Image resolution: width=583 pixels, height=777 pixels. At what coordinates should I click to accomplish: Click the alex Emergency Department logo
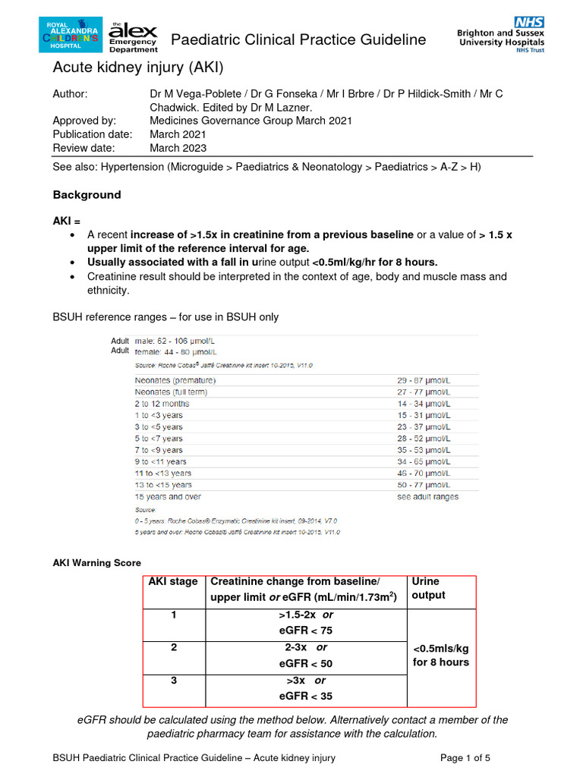[x=134, y=35]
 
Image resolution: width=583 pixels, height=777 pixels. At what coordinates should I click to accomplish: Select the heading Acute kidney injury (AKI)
[x=138, y=68]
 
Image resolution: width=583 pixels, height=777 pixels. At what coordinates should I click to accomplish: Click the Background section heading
[x=87, y=195]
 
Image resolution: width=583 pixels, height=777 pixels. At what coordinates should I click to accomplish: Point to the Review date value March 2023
[x=178, y=148]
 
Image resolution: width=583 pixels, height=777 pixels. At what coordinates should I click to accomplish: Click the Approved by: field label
[x=84, y=121]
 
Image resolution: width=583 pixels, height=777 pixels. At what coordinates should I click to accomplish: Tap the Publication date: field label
[x=93, y=134]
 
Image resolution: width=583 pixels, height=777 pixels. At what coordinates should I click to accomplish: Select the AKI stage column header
[x=173, y=582]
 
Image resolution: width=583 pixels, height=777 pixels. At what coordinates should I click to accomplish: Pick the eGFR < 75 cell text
[x=305, y=630]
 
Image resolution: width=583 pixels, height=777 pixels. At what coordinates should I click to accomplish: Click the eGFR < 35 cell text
[x=305, y=696]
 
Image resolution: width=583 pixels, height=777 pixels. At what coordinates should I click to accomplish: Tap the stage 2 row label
[x=174, y=647]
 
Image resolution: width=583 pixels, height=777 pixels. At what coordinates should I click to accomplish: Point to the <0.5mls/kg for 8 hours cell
[x=441, y=656]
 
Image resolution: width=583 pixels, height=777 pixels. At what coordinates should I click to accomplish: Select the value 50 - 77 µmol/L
[x=424, y=485]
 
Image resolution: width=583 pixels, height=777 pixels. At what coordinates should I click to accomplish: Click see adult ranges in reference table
[x=428, y=497]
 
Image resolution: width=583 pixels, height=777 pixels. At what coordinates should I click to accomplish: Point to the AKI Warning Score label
[x=96, y=563]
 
